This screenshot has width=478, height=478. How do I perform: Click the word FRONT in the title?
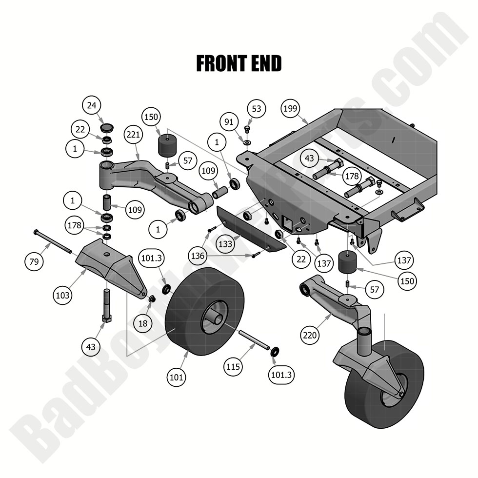click(222, 64)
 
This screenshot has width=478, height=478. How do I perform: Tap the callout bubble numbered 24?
click(92, 105)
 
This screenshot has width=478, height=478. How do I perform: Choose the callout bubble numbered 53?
click(257, 108)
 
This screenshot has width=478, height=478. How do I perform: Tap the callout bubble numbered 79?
click(34, 261)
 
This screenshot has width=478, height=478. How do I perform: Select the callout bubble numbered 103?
click(63, 295)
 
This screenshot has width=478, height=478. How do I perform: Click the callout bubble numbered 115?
click(234, 366)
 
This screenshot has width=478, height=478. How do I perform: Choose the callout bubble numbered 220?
click(311, 335)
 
